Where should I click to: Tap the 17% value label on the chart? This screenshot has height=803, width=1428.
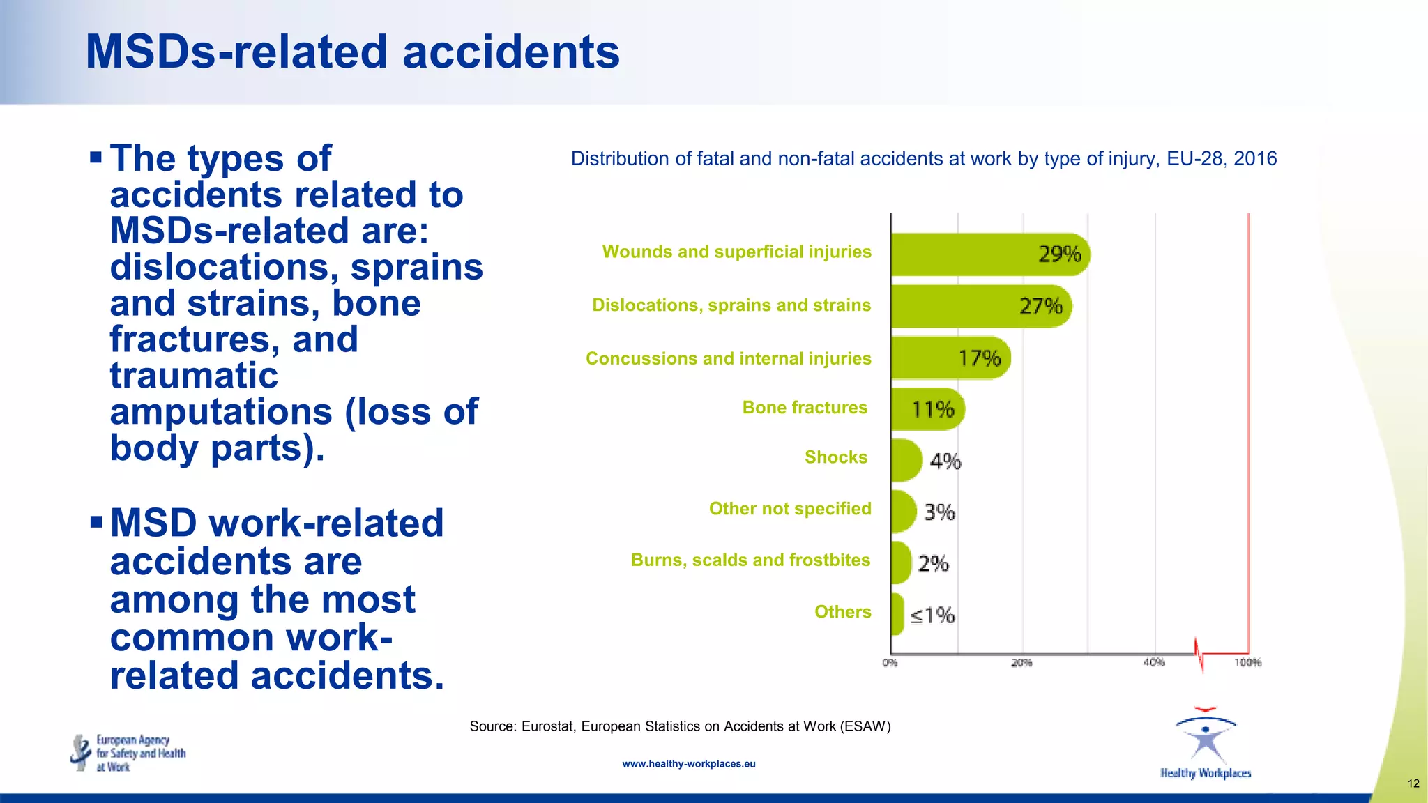979,358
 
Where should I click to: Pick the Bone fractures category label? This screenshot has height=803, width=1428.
805,408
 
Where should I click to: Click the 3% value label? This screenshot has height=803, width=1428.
939,512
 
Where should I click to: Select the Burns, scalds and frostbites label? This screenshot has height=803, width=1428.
750,560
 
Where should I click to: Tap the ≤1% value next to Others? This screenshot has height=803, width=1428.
932,615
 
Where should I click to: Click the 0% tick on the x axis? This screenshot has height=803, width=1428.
890,663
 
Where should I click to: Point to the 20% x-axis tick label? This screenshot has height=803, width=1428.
1021,663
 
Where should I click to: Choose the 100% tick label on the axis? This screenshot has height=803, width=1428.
1247,663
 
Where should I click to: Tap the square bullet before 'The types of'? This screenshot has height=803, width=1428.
96,155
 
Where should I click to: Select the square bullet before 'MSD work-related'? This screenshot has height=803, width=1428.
96,521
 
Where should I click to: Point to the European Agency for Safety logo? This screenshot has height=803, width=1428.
129,753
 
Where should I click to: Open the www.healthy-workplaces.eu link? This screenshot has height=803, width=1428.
689,764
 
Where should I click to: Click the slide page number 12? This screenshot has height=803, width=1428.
1413,783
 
